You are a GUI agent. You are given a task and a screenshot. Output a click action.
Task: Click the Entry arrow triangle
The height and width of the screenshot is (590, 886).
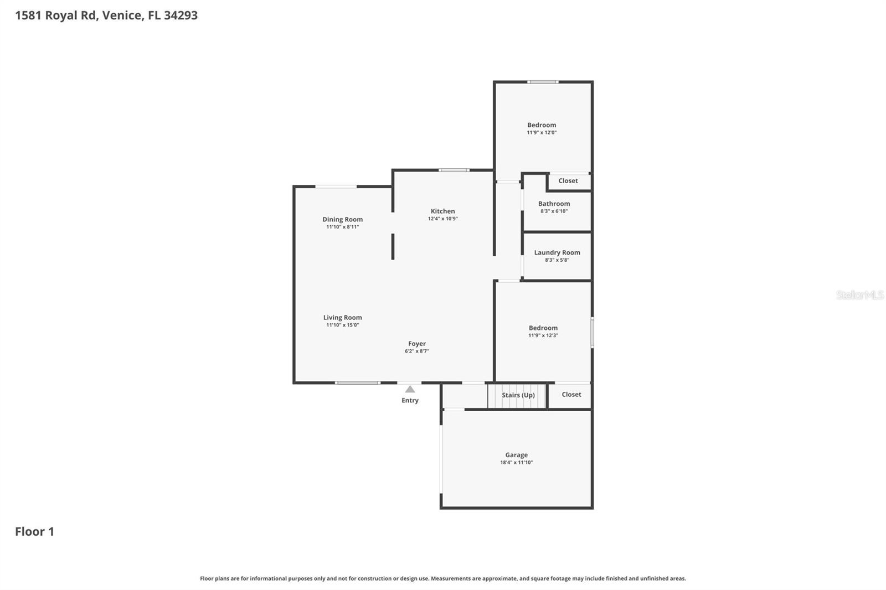[x=410, y=389]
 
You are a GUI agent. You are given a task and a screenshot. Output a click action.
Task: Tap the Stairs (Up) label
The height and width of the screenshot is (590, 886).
[x=518, y=395]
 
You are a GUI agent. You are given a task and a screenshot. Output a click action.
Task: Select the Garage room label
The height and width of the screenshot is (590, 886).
[x=516, y=455]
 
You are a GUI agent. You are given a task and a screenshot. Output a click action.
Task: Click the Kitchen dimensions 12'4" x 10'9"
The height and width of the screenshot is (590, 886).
[x=442, y=219]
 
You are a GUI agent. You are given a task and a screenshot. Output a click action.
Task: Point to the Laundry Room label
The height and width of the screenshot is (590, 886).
[x=557, y=252]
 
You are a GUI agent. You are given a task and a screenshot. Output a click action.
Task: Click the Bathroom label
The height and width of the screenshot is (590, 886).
[x=554, y=204]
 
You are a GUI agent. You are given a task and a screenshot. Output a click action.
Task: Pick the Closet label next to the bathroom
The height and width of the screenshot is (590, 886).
[x=568, y=181]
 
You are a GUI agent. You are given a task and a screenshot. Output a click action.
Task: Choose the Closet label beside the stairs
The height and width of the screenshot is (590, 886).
[x=571, y=395]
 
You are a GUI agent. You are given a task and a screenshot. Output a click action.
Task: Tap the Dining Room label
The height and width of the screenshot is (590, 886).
[x=342, y=219]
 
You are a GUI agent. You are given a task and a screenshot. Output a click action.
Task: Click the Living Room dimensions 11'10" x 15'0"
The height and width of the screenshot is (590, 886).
[x=342, y=325]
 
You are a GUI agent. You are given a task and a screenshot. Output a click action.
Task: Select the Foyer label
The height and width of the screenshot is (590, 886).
[x=417, y=344]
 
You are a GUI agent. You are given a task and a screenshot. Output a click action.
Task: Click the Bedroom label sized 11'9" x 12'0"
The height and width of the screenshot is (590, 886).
[x=542, y=125]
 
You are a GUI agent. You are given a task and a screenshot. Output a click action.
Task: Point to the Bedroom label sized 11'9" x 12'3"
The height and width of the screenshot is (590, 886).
[x=543, y=328]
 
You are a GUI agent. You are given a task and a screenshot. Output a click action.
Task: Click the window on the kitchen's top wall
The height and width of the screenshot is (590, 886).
[x=454, y=170]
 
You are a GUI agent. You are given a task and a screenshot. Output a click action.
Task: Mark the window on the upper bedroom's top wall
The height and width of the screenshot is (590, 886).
[x=543, y=82]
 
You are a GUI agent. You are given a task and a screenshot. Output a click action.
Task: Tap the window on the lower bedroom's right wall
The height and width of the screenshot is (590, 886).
[x=592, y=332]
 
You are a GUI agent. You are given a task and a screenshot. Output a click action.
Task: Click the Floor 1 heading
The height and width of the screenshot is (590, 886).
[x=34, y=531]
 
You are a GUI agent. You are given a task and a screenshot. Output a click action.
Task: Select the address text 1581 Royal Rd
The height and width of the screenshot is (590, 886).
[x=56, y=15]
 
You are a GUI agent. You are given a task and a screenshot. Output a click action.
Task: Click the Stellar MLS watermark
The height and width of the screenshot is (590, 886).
[x=859, y=295]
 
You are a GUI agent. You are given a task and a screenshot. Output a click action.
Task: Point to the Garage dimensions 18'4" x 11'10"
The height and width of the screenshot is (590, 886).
[x=516, y=463]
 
